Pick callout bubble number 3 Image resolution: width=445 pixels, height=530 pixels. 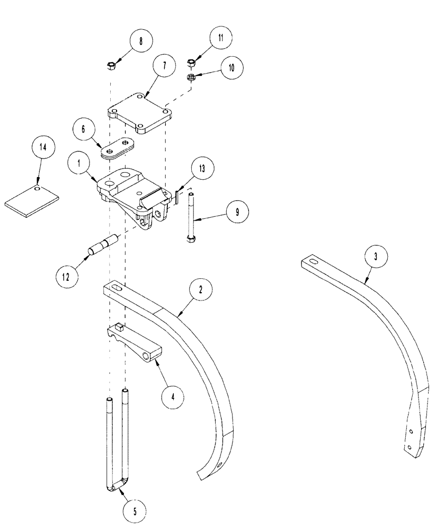tap(375, 257)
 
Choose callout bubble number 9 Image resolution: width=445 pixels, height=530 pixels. tap(237, 211)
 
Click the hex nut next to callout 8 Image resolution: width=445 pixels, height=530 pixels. tap(112, 67)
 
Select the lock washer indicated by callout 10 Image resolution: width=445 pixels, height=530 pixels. tap(192, 77)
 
